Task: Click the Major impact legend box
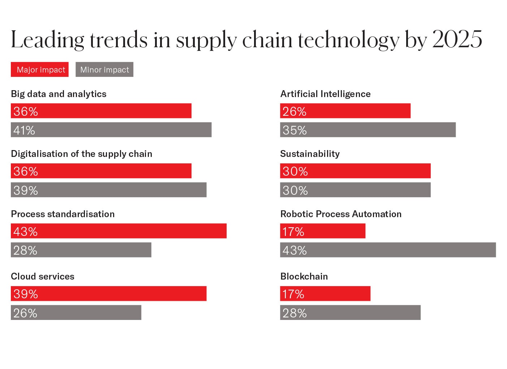coord(40,70)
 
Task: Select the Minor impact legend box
coord(104,70)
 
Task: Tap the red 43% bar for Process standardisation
coord(119,231)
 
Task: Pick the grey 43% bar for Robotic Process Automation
coord(388,250)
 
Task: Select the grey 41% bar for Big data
coord(111,129)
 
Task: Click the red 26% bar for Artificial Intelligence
coord(345,111)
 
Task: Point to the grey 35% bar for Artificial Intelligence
coord(368,129)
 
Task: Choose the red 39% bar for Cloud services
coord(108,293)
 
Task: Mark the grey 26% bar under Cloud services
coord(76,312)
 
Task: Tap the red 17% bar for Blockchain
coord(325,293)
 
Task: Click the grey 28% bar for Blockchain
coord(350,312)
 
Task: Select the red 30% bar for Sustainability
coord(355,171)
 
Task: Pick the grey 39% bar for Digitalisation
coord(108,190)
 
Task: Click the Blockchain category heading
coord(304,276)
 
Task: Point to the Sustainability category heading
coord(310,154)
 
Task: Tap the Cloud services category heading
coord(43,276)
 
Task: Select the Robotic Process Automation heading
coord(341,214)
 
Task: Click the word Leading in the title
coord(47,40)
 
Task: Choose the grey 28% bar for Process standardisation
coord(81,250)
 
